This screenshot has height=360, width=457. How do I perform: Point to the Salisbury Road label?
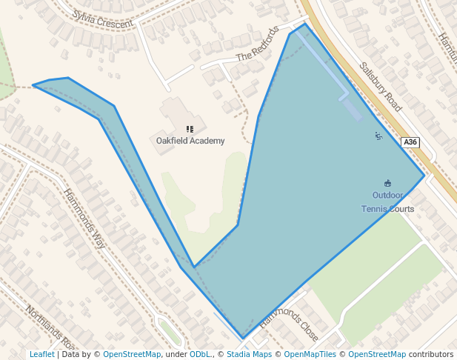click(x=381, y=86)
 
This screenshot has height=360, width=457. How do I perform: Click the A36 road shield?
click(x=410, y=142)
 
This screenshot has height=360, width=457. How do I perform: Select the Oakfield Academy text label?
click(x=190, y=141)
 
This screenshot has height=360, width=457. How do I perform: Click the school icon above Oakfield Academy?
click(x=190, y=129)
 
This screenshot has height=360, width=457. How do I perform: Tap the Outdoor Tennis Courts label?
click(x=387, y=202)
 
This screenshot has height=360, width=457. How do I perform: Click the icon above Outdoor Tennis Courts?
click(x=387, y=183)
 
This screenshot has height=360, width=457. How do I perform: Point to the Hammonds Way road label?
click(x=84, y=218)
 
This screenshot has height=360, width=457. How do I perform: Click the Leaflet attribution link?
click(x=41, y=354)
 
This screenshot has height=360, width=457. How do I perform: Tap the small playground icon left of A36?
click(x=378, y=136)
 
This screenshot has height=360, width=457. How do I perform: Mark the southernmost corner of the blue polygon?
click(x=242, y=339)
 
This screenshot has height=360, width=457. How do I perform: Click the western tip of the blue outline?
click(x=33, y=85)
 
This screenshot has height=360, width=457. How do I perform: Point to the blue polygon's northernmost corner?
click(x=304, y=24)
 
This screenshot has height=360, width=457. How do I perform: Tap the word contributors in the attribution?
click(x=431, y=354)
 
